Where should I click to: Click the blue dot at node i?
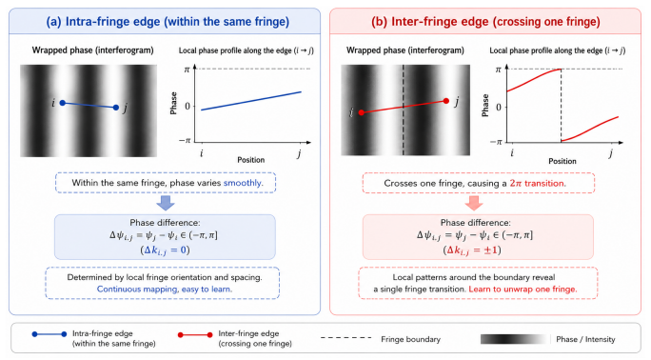point(63,103)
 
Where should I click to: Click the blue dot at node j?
point(116,108)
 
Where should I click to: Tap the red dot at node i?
point(362,112)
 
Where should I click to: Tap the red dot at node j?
point(446,101)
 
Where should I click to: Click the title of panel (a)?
point(168,22)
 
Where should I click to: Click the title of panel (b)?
point(485,22)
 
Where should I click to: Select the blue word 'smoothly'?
point(244,183)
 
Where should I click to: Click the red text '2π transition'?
point(538,183)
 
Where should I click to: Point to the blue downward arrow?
point(166,203)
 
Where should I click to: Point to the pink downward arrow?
point(474,203)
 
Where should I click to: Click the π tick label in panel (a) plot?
point(187,69)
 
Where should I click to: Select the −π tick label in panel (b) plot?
point(496,143)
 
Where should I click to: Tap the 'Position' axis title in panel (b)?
point(562,161)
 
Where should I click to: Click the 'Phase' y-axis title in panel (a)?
point(173,103)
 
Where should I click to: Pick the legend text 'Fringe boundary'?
point(410,339)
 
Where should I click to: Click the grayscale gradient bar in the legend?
point(514,339)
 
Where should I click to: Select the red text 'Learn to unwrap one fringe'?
point(523,289)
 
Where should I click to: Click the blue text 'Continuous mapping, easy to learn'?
point(165,289)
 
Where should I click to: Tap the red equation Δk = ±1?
point(472,250)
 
